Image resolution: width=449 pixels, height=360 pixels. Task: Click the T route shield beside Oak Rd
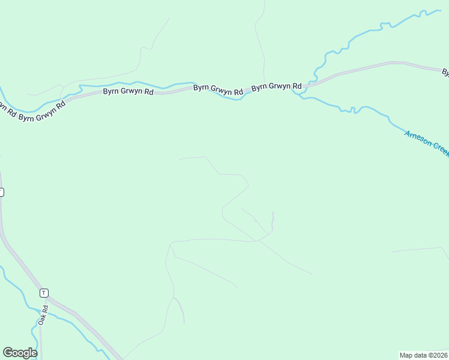(44, 293)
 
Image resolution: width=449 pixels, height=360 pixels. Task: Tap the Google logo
(20, 353)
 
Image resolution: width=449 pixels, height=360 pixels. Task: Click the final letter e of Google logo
(34, 353)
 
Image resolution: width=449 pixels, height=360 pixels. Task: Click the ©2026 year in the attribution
(438, 355)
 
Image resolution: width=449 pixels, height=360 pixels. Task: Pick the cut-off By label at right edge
(446, 73)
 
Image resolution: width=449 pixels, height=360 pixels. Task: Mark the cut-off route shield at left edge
(1, 192)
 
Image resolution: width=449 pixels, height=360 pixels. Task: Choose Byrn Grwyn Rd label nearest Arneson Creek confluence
(276, 87)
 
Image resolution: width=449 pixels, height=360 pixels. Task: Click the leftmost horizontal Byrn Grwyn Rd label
(128, 92)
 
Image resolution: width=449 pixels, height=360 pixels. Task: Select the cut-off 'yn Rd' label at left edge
(6, 108)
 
